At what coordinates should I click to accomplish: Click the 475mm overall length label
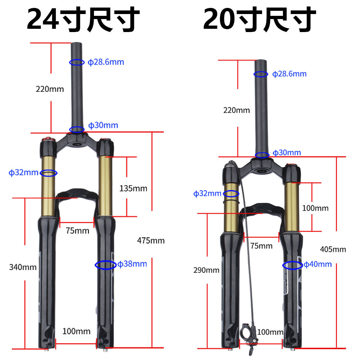[x=151, y=240]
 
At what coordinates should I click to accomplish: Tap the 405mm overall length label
[x=333, y=249]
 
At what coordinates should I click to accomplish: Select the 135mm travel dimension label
[x=133, y=189]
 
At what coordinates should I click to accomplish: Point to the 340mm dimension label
[x=23, y=267]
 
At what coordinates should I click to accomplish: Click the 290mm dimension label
[x=206, y=270]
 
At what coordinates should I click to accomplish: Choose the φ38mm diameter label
[x=132, y=264]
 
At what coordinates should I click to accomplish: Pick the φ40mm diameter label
[x=318, y=264]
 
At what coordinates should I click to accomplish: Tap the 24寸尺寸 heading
[x=83, y=19]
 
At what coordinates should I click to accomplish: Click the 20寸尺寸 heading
[x=260, y=19]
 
